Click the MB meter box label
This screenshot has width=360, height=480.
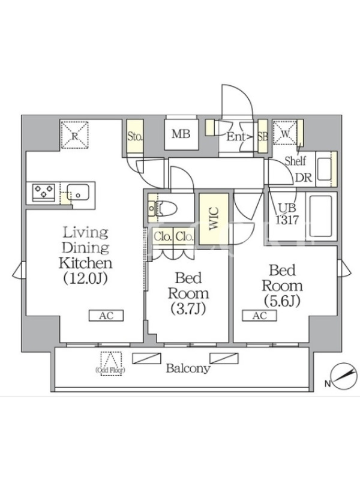point(181,134)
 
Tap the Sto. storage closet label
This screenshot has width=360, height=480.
point(135,136)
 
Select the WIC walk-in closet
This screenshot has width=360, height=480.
point(214,218)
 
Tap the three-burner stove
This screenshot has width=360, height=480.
point(44,192)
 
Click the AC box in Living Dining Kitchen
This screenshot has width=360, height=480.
point(106,316)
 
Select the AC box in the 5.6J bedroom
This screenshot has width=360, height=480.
point(260,316)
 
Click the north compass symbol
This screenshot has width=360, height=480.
point(345,376)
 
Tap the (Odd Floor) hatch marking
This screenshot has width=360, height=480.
point(111,364)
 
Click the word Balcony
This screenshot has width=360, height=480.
point(188,368)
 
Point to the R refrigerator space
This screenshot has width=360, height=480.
point(74,135)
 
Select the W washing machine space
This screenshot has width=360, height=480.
point(285,133)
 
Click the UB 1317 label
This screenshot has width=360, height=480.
point(287,214)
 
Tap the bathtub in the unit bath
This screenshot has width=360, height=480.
point(320,217)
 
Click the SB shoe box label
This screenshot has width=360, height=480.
point(263,136)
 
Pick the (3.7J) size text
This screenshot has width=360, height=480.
point(188,308)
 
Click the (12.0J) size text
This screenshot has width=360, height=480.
point(85,278)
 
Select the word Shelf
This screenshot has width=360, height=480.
point(295,161)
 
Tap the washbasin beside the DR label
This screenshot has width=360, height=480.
point(324,169)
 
